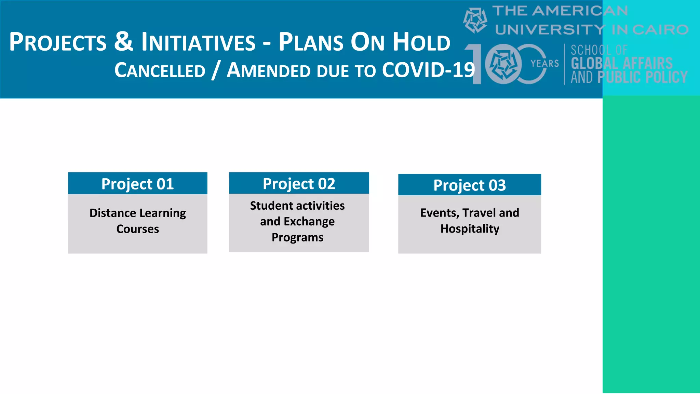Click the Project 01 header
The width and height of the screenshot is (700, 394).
coord(137,184)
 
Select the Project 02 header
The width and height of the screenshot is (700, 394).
coord(299,184)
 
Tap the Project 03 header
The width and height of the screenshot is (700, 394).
coord(469,185)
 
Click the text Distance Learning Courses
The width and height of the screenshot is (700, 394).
coord(137,221)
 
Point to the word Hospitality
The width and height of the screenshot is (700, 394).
coord(470,228)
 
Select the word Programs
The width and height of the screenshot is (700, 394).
coord(297,237)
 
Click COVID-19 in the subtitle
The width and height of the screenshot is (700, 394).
coord(428,70)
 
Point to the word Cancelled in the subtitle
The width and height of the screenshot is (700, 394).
coord(160,70)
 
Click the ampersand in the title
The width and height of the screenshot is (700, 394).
coord(123,41)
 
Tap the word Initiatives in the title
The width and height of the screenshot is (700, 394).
coord(198,42)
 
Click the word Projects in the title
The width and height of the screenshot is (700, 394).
coord(58,42)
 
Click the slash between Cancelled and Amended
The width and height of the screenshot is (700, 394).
coord(215,70)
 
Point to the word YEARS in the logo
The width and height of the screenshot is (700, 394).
coord(544,64)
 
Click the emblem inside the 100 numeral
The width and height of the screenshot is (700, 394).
coord(503,64)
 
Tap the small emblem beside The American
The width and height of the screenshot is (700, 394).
coord(475,21)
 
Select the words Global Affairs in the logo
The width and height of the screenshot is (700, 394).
coord(621,64)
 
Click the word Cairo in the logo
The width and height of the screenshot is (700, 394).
coord(660,30)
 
